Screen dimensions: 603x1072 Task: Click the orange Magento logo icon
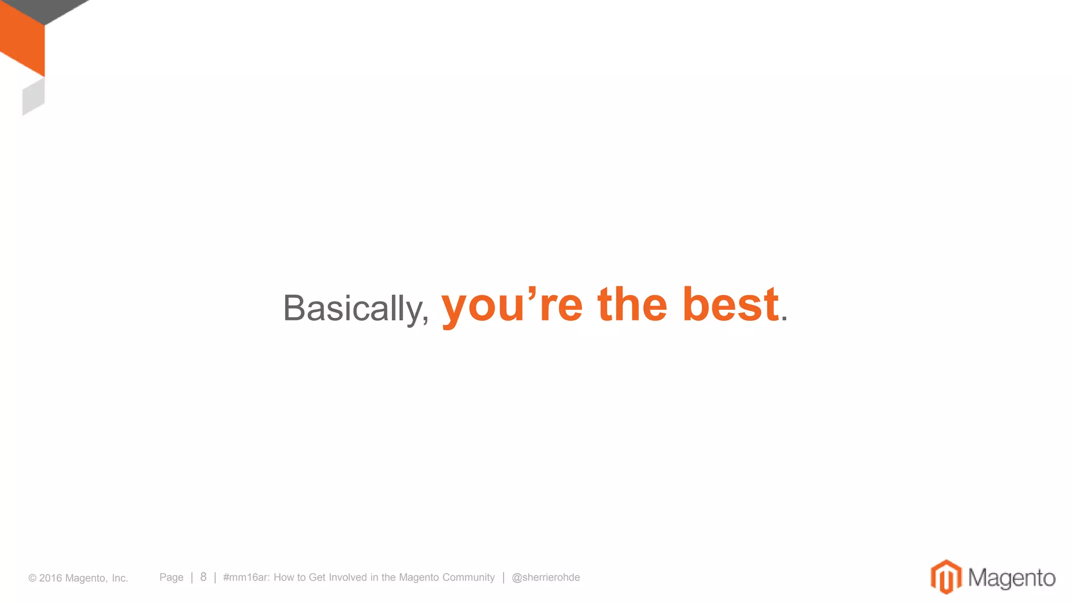pos(946,577)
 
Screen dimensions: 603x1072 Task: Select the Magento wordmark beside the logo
pos(1011,578)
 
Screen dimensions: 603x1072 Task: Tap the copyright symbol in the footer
pos(32,578)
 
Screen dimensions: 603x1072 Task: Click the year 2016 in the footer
pos(50,578)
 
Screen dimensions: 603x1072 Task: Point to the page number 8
pos(203,577)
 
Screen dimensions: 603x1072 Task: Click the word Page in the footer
pos(171,577)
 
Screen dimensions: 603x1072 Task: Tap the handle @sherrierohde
pos(545,577)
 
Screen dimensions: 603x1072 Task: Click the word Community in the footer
pos(468,577)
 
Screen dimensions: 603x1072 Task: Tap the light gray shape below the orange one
pos(33,97)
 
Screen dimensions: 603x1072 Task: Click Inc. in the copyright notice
pos(120,578)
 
